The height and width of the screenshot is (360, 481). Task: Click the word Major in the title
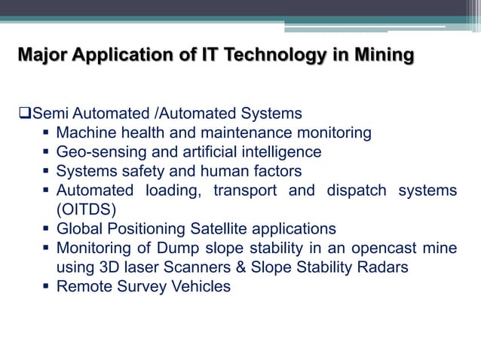tap(42, 55)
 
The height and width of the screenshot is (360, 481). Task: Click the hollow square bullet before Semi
tap(23, 114)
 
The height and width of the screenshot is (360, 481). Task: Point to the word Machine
tap(87, 133)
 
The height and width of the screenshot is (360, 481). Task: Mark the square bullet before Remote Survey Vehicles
tap(46, 286)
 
